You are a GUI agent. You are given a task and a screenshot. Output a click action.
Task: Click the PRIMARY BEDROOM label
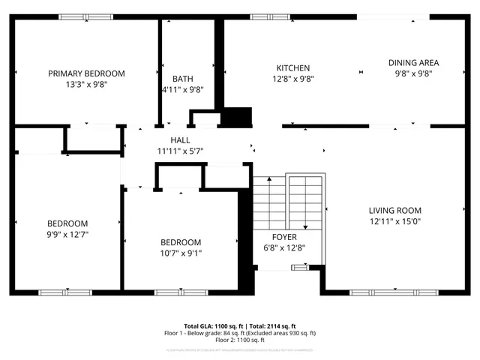[86, 73]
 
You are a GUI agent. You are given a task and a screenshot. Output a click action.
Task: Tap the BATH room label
[182, 79]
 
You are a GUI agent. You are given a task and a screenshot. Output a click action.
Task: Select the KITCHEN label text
[292, 68]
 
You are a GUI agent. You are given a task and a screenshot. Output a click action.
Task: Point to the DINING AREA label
[413, 63]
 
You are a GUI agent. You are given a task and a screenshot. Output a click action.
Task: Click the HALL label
[180, 140]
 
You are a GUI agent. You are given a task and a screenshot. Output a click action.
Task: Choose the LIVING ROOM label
[394, 211]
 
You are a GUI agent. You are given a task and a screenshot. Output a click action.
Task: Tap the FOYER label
[284, 237]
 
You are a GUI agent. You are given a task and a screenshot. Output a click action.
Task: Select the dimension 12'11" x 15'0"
[394, 221]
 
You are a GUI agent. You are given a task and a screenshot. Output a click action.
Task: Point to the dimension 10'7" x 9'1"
[181, 253]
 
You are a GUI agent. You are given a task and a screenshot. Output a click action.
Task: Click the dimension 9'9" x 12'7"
[67, 234]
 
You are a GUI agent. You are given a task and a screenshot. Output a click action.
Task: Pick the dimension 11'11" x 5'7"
[180, 151]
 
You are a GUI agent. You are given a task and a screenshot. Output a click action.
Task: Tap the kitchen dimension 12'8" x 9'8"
[292, 79]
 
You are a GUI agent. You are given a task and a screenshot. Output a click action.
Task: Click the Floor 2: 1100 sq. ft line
[240, 340]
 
